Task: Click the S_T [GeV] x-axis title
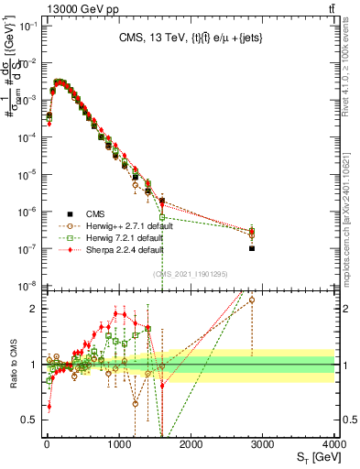click(x=312, y=457)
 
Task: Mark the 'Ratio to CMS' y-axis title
click(x=12, y=364)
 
